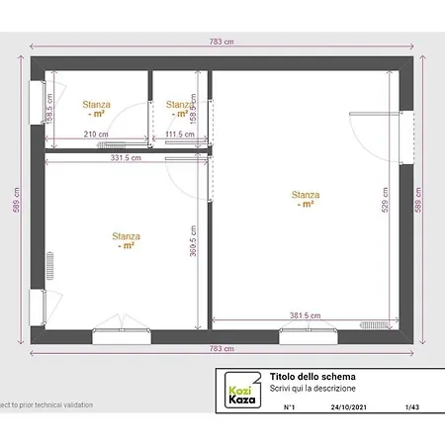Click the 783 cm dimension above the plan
[x=222, y=43]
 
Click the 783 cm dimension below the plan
[x=222, y=349]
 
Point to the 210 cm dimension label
[x=96, y=134]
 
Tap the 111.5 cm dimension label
[x=180, y=134]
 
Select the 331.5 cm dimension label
[x=127, y=157]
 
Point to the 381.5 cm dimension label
[x=305, y=315]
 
